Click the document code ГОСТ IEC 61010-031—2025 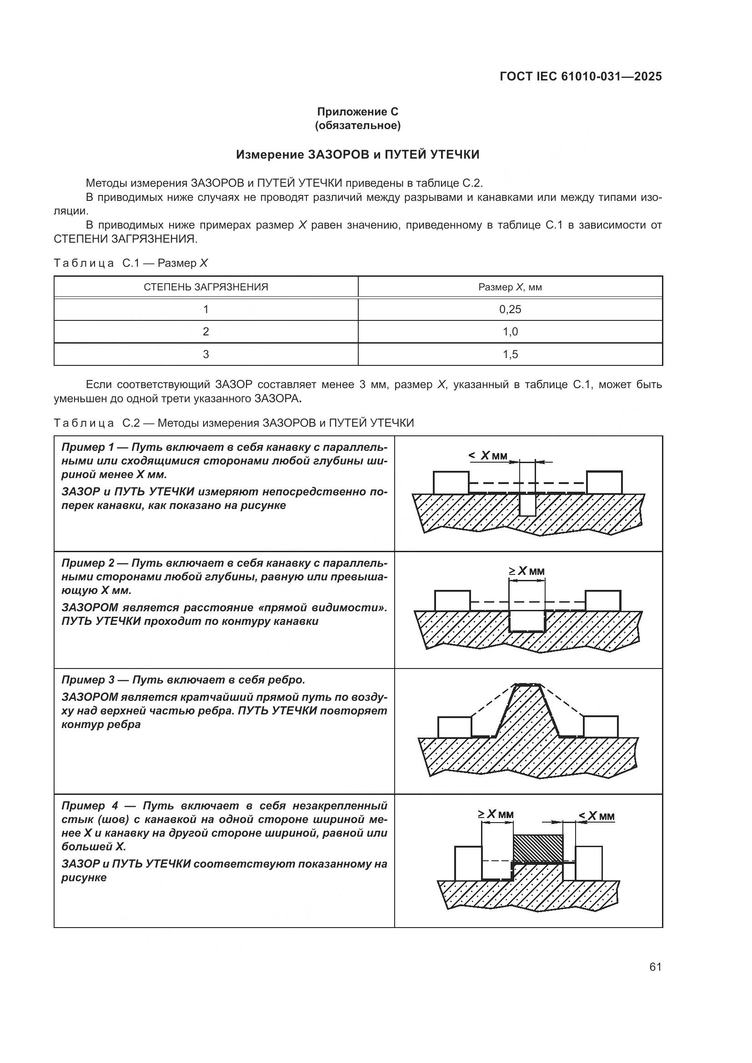pyautogui.click(x=581, y=77)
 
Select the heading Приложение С pyautogui.click(x=357, y=112)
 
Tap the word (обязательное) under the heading pyautogui.click(x=357, y=125)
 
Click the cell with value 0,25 pyautogui.click(x=510, y=309)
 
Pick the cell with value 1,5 pyautogui.click(x=510, y=354)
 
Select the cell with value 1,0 pyautogui.click(x=510, y=332)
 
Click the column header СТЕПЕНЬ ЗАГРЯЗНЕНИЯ pyautogui.click(x=206, y=287)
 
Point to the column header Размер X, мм pyautogui.click(x=510, y=287)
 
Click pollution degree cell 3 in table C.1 pyautogui.click(x=206, y=354)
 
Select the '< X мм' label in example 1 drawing pyautogui.click(x=488, y=455)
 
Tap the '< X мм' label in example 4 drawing pyautogui.click(x=597, y=816)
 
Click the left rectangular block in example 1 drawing pyautogui.click(x=451, y=483)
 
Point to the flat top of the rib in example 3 pyautogui.click(x=527, y=685)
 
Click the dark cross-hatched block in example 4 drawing pyautogui.click(x=538, y=848)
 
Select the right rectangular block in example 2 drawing pyautogui.click(x=603, y=600)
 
